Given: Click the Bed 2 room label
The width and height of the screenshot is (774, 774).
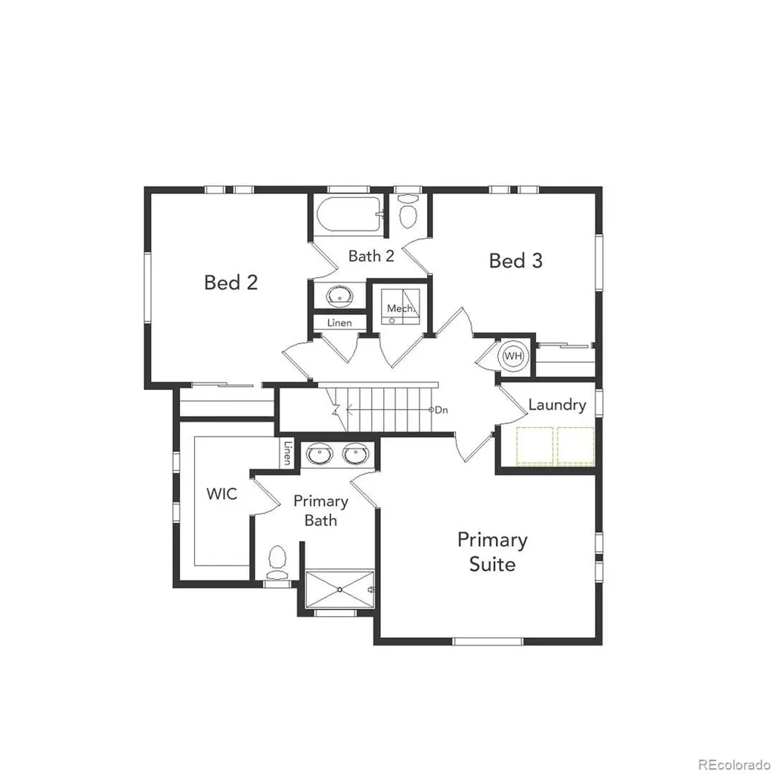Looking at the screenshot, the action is point(231,283).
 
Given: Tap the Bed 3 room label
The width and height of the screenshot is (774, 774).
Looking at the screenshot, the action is point(515,260).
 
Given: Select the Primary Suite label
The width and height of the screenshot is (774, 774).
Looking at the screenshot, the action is point(492,552).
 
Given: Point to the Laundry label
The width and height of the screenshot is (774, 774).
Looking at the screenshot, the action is point(557,405).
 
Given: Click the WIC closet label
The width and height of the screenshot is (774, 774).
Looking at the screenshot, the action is point(221,494).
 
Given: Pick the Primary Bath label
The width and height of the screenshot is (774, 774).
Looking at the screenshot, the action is point(320,510).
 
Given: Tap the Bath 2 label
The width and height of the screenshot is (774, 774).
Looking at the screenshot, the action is point(371,255).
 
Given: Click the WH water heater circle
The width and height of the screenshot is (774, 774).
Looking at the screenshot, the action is point(513,355).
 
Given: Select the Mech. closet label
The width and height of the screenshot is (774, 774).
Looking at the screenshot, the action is point(401,308).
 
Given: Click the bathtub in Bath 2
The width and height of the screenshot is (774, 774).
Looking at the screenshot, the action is point(349,214).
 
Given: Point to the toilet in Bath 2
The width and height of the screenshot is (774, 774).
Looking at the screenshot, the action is point(407,212).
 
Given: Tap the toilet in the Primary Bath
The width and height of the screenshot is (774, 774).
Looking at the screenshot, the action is point(277,562).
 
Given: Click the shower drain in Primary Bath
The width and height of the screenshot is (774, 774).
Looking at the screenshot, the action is point(340,589).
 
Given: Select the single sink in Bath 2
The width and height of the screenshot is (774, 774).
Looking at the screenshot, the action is point(340,296).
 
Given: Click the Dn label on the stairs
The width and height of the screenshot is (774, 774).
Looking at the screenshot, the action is point(441,410).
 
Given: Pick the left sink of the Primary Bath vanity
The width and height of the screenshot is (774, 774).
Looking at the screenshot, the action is point(319,454).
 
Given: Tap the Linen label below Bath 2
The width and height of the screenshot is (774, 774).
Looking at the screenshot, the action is point(339,323).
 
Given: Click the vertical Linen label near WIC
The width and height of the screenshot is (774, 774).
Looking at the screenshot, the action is point(287,453).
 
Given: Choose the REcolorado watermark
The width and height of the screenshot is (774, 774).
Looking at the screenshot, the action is point(735,765).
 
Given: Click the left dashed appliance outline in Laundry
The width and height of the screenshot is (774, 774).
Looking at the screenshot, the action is point(535,446).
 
